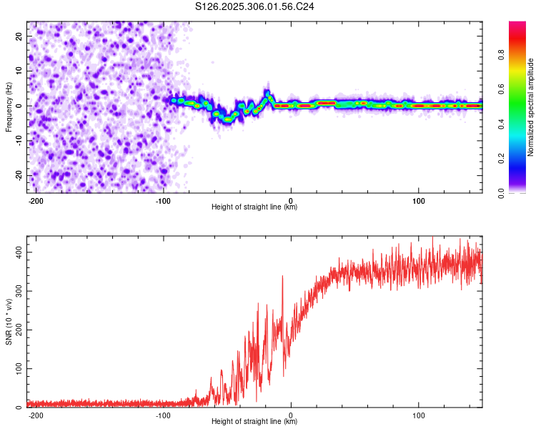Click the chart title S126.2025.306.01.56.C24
click(x=255, y=6)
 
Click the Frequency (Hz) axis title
click(x=9, y=107)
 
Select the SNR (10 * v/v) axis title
click(x=9, y=322)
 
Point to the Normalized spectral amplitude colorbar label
click(x=530, y=107)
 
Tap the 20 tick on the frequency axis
click(x=19, y=36)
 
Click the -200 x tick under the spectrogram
click(x=36, y=199)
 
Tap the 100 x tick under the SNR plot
click(x=418, y=414)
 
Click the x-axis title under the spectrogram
click(x=255, y=207)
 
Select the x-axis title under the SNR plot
click(x=255, y=422)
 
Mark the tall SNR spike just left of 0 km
click(x=282, y=277)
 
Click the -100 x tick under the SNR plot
click(x=163, y=414)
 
